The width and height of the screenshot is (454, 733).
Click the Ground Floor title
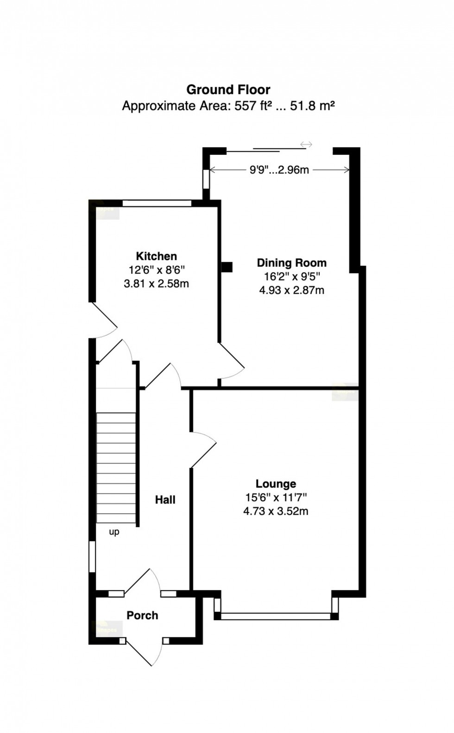click(228, 89)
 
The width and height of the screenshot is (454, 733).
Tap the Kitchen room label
click(156, 256)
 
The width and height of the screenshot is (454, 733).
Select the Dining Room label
click(291, 263)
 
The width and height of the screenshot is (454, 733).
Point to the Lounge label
click(276, 484)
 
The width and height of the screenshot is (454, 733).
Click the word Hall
click(165, 500)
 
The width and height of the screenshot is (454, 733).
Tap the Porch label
click(142, 615)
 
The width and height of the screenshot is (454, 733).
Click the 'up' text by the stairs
click(114, 532)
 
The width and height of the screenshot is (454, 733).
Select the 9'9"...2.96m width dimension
click(279, 170)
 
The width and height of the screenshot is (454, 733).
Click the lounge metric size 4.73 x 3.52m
click(276, 511)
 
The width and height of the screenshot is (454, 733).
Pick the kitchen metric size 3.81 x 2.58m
click(156, 284)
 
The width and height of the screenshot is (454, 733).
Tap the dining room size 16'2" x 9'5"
click(291, 277)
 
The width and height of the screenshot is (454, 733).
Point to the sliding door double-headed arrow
click(306, 145)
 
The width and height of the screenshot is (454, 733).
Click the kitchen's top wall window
click(157, 203)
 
